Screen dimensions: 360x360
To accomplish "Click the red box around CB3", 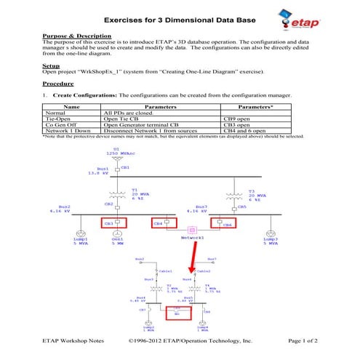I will pos(113,223).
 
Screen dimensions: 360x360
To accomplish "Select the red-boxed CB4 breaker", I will pos(164,223).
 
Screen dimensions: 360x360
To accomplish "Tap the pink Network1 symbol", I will pos(193,230).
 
